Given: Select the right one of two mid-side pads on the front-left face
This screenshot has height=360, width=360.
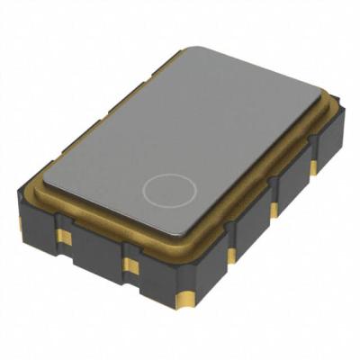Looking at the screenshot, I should pos(131,265).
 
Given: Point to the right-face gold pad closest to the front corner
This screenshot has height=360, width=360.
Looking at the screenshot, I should pos(230,256).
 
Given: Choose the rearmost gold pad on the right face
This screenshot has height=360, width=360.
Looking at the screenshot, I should pos(313,167).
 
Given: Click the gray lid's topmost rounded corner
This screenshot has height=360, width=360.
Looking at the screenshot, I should pos(189,51).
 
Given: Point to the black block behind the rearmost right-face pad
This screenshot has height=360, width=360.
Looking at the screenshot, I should pos(327,148).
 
